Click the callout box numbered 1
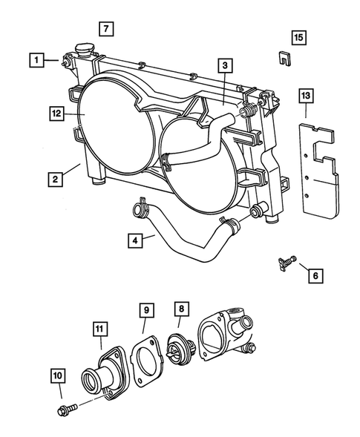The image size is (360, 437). click(x=34, y=58)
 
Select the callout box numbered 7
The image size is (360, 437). click(x=105, y=30)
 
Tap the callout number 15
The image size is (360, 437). click(x=298, y=36)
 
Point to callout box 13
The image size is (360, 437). click(x=307, y=96)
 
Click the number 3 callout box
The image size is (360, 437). click(x=223, y=66)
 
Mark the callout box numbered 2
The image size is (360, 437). click(x=56, y=179)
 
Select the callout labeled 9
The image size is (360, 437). click(x=146, y=309)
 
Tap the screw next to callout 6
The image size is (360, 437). click(x=285, y=260)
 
